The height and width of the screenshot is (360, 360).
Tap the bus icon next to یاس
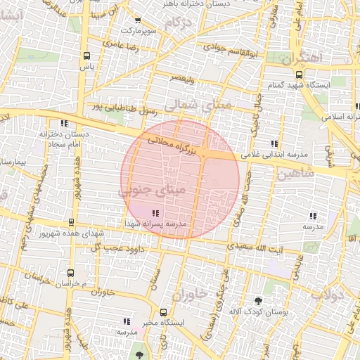point(86,56)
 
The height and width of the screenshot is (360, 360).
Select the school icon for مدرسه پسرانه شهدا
point(155,212)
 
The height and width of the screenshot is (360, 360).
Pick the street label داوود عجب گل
point(114,248)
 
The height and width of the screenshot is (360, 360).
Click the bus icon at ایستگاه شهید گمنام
point(300,75)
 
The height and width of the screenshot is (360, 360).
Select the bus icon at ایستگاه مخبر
point(164,311)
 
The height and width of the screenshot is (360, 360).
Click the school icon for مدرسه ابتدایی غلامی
point(284,143)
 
